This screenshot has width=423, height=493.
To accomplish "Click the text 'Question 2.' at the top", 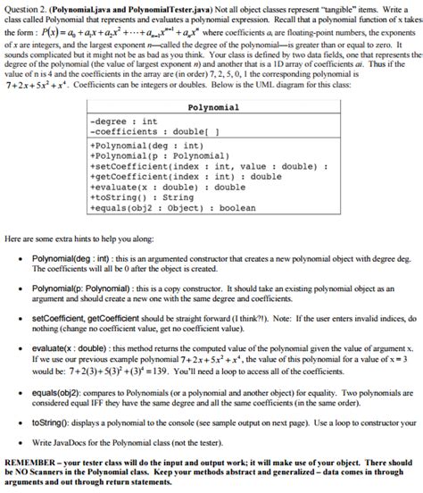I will [x=21, y=7].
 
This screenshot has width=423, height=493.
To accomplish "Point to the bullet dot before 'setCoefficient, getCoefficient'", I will [x=20, y=316].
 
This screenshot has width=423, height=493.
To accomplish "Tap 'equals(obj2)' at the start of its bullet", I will [x=55, y=390].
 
